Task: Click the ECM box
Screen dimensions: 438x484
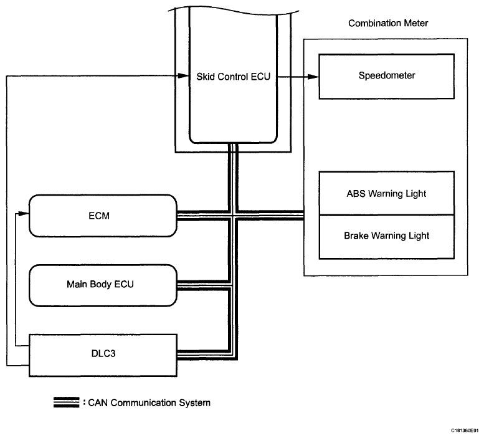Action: point(103,216)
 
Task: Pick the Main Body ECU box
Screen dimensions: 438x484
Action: point(103,285)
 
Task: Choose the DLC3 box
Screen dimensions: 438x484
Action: point(103,355)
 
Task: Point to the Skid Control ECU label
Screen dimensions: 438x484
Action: point(232,77)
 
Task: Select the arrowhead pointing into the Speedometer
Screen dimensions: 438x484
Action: point(314,77)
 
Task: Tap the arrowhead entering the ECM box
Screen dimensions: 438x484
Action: point(26,214)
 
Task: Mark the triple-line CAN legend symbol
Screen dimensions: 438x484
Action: point(66,402)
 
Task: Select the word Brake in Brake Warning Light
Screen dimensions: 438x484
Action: point(356,237)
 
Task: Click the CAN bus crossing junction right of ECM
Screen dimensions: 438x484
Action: point(234,216)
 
